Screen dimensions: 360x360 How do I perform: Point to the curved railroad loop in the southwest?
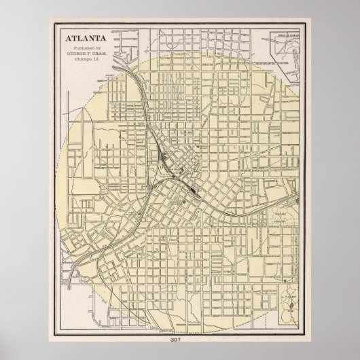pos(88,262)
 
